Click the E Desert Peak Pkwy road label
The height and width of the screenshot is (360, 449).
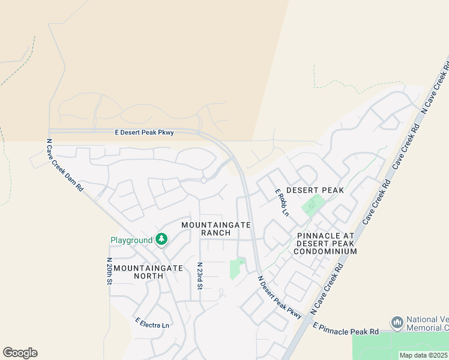pos(144,133)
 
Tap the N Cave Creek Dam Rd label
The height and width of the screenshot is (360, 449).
pos(65,166)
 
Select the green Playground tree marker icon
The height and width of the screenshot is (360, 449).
pos(161,239)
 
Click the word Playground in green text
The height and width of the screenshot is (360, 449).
pos(131,241)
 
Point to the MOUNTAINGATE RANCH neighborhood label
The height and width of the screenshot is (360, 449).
pos(215,228)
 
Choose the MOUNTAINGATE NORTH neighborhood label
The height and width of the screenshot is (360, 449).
pos(148,272)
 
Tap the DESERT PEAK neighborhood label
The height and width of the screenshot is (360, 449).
pos(315,190)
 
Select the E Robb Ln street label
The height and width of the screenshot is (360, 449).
pos(282,203)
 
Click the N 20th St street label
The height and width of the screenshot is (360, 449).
pos(109,271)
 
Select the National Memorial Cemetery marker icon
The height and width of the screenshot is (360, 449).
pos(397,322)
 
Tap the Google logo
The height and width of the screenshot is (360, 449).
pos(20,353)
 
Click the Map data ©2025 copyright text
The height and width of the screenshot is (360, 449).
pos(423,355)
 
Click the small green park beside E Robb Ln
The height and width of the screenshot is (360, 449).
pos(311,206)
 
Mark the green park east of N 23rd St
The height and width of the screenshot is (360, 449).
pos(237,268)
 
